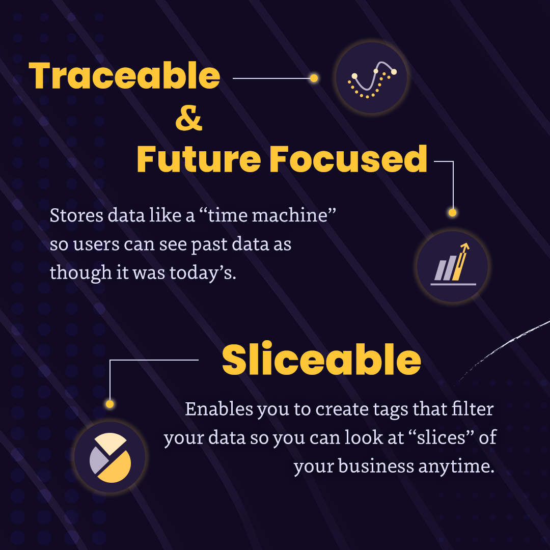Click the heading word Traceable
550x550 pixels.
point(125,75)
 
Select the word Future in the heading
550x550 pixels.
point(199,159)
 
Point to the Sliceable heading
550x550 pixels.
point(321,359)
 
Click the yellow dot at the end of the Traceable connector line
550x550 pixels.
point(314,78)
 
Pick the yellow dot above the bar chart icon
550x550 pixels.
point(453,212)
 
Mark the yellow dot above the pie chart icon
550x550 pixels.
point(110,404)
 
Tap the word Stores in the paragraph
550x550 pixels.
point(76,215)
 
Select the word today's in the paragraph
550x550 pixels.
point(203,273)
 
